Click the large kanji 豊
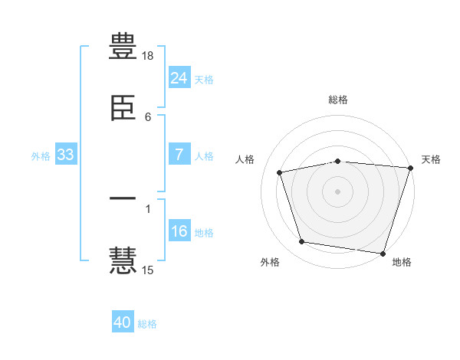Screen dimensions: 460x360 pyautogui.click(x=123, y=46)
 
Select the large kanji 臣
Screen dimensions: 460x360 pyautogui.click(x=123, y=108)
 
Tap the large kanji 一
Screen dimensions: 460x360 pyautogui.click(x=123, y=198)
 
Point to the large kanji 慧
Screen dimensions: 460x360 pyautogui.click(x=123, y=260)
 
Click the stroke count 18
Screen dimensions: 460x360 pyautogui.click(x=147, y=56)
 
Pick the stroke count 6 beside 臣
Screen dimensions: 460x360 pyautogui.click(x=148, y=117)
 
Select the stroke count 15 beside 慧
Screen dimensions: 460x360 pyautogui.click(x=147, y=270)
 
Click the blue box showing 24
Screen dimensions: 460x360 pyautogui.click(x=179, y=77)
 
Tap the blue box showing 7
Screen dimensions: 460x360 pyautogui.click(x=179, y=154)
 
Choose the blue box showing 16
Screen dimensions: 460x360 pyautogui.click(x=179, y=230)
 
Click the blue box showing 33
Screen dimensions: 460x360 pyautogui.click(x=66, y=154)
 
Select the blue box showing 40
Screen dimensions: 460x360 pyautogui.click(x=123, y=321)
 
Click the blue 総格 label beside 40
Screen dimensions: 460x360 pyautogui.click(x=147, y=324)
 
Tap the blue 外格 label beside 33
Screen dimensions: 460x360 pyautogui.click(x=41, y=156)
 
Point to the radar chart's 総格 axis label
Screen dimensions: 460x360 pyautogui.click(x=338, y=100)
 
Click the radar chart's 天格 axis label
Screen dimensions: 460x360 pyautogui.click(x=431, y=159)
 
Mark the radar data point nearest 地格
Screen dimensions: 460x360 pyautogui.click(x=383, y=254)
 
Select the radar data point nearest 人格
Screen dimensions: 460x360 pyautogui.click(x=280, y=172)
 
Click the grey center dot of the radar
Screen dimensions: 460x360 pyautogui.click(x=337, y=191)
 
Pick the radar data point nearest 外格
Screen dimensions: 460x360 pyautogui.click(x=302, y=241)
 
